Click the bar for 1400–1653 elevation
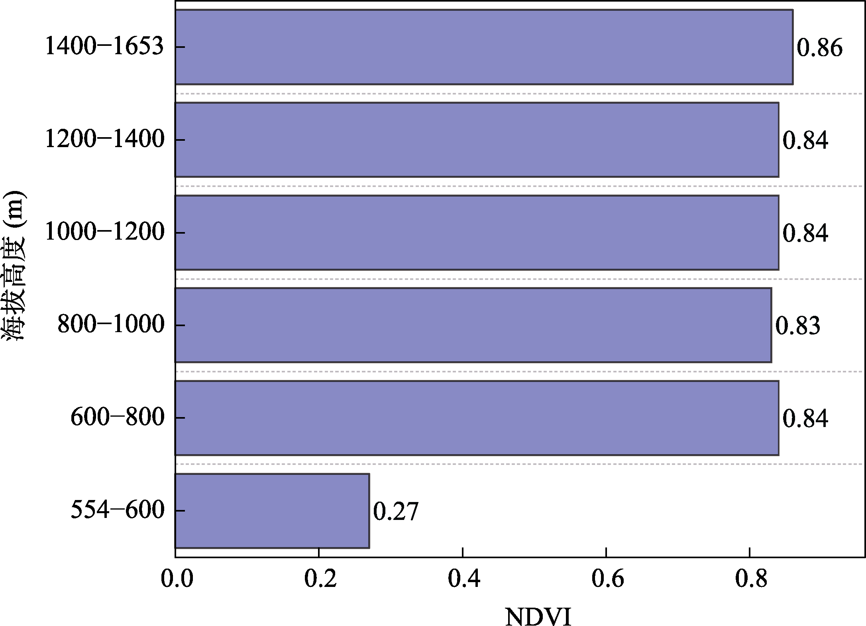point(484,47)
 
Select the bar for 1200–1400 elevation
point(477,140)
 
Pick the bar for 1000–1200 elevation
point(477,232)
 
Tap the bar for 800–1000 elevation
point(473,325)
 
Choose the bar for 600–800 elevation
point(477,418)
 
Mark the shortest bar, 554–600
point(272,511)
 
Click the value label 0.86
point(819,48)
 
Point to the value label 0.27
point(396,512)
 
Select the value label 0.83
point(797,326)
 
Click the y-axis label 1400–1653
point(104,47)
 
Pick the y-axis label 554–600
point(118,511)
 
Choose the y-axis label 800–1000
point(111,325)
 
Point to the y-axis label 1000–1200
point(104,232)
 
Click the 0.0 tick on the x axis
point(177,580)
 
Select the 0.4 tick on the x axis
point(464,580)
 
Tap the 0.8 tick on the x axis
point(751,580)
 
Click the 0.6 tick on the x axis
point(607,580)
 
